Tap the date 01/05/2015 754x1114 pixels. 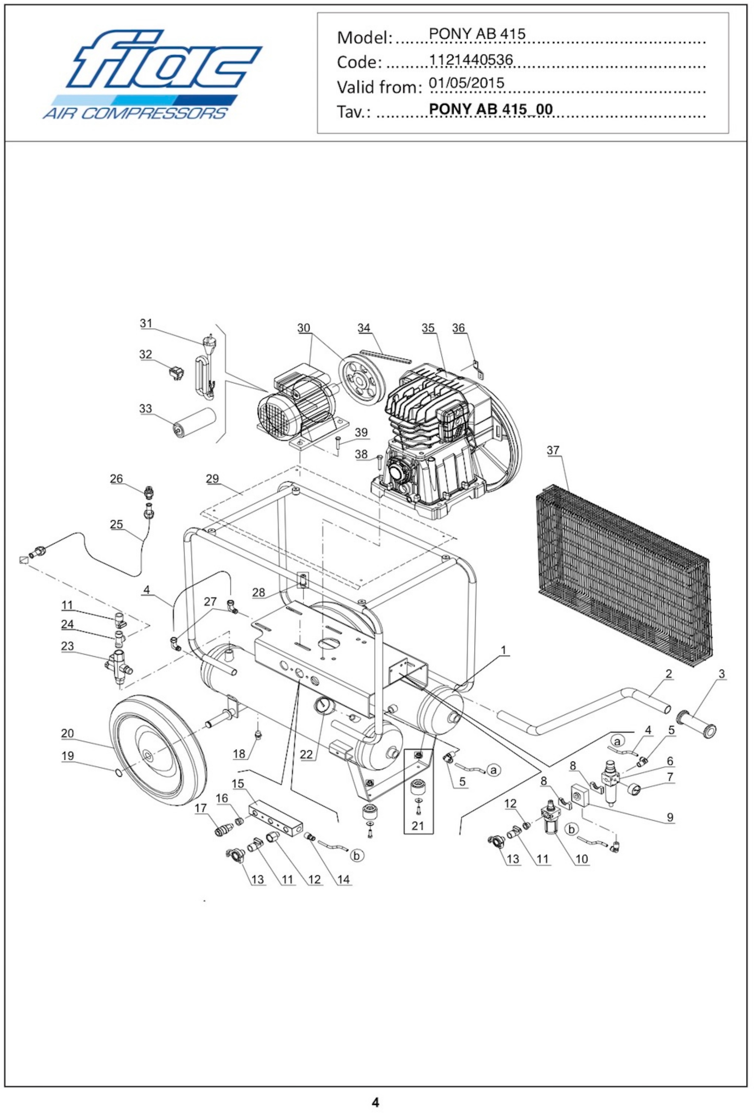pyautogui.click(x=466, y=83)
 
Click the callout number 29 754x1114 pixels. pyautogui.click(x=212, y=478)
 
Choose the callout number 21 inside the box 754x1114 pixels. pyautogui.click(x=418, y=825)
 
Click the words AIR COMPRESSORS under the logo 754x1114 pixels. pyautogui.click(x=134, y=113)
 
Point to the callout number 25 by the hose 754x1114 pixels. pyautogui.click(x=116, y=524)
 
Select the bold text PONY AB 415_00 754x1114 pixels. pyautogui.click(x=490, y=109)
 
